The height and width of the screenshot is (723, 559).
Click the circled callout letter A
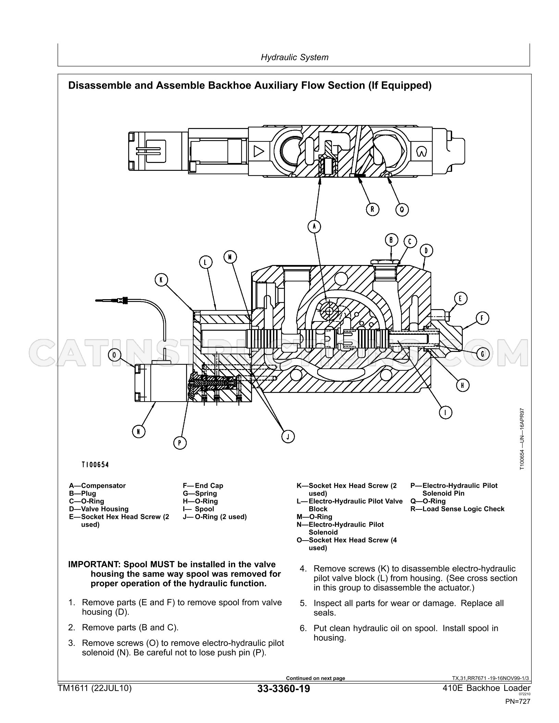point(314,226)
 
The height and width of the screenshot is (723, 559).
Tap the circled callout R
point(372,209)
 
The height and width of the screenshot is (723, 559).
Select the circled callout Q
point(402,209)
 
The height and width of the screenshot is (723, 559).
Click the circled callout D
point(426,250)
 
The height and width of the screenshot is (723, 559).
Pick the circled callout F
point(482,319)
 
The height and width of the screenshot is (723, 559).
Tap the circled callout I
point(446,413)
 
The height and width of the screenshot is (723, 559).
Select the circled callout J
point(288,436)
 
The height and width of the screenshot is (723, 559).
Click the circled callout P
point(179,443)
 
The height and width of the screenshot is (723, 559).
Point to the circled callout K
point(161,280)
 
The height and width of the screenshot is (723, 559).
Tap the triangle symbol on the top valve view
point(259,151)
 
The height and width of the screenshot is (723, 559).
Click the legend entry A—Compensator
point(97,485)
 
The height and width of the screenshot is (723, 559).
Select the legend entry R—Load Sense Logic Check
point(457,509)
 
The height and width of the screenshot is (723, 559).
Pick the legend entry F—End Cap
point(203,485)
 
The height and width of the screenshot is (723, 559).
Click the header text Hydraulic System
point(295,57)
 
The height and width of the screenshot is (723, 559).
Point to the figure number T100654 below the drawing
point(95,465)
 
